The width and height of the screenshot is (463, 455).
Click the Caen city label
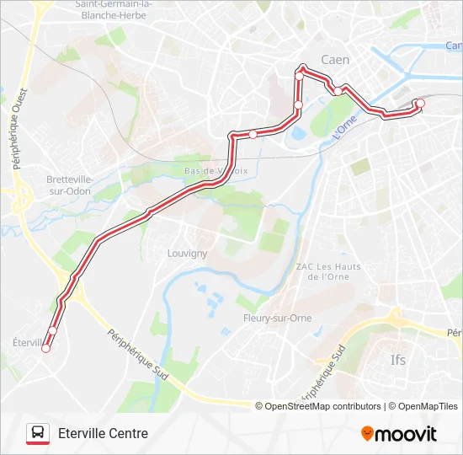[335, 60]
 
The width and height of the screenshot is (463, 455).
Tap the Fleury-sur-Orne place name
[277, 318]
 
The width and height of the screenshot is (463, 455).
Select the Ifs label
[398, 361]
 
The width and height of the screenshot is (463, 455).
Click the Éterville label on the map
[29, 342]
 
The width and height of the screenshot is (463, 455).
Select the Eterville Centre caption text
[103, 434]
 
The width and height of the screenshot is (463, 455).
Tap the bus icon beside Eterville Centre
[38, 433]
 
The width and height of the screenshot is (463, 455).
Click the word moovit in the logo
[407, 434]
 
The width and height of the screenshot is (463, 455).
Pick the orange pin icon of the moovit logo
[367, 433]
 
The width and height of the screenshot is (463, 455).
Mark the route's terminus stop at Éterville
[46, 348]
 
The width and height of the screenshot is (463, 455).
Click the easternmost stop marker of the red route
[420, 104]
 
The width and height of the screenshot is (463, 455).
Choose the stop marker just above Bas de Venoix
[253, 134]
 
